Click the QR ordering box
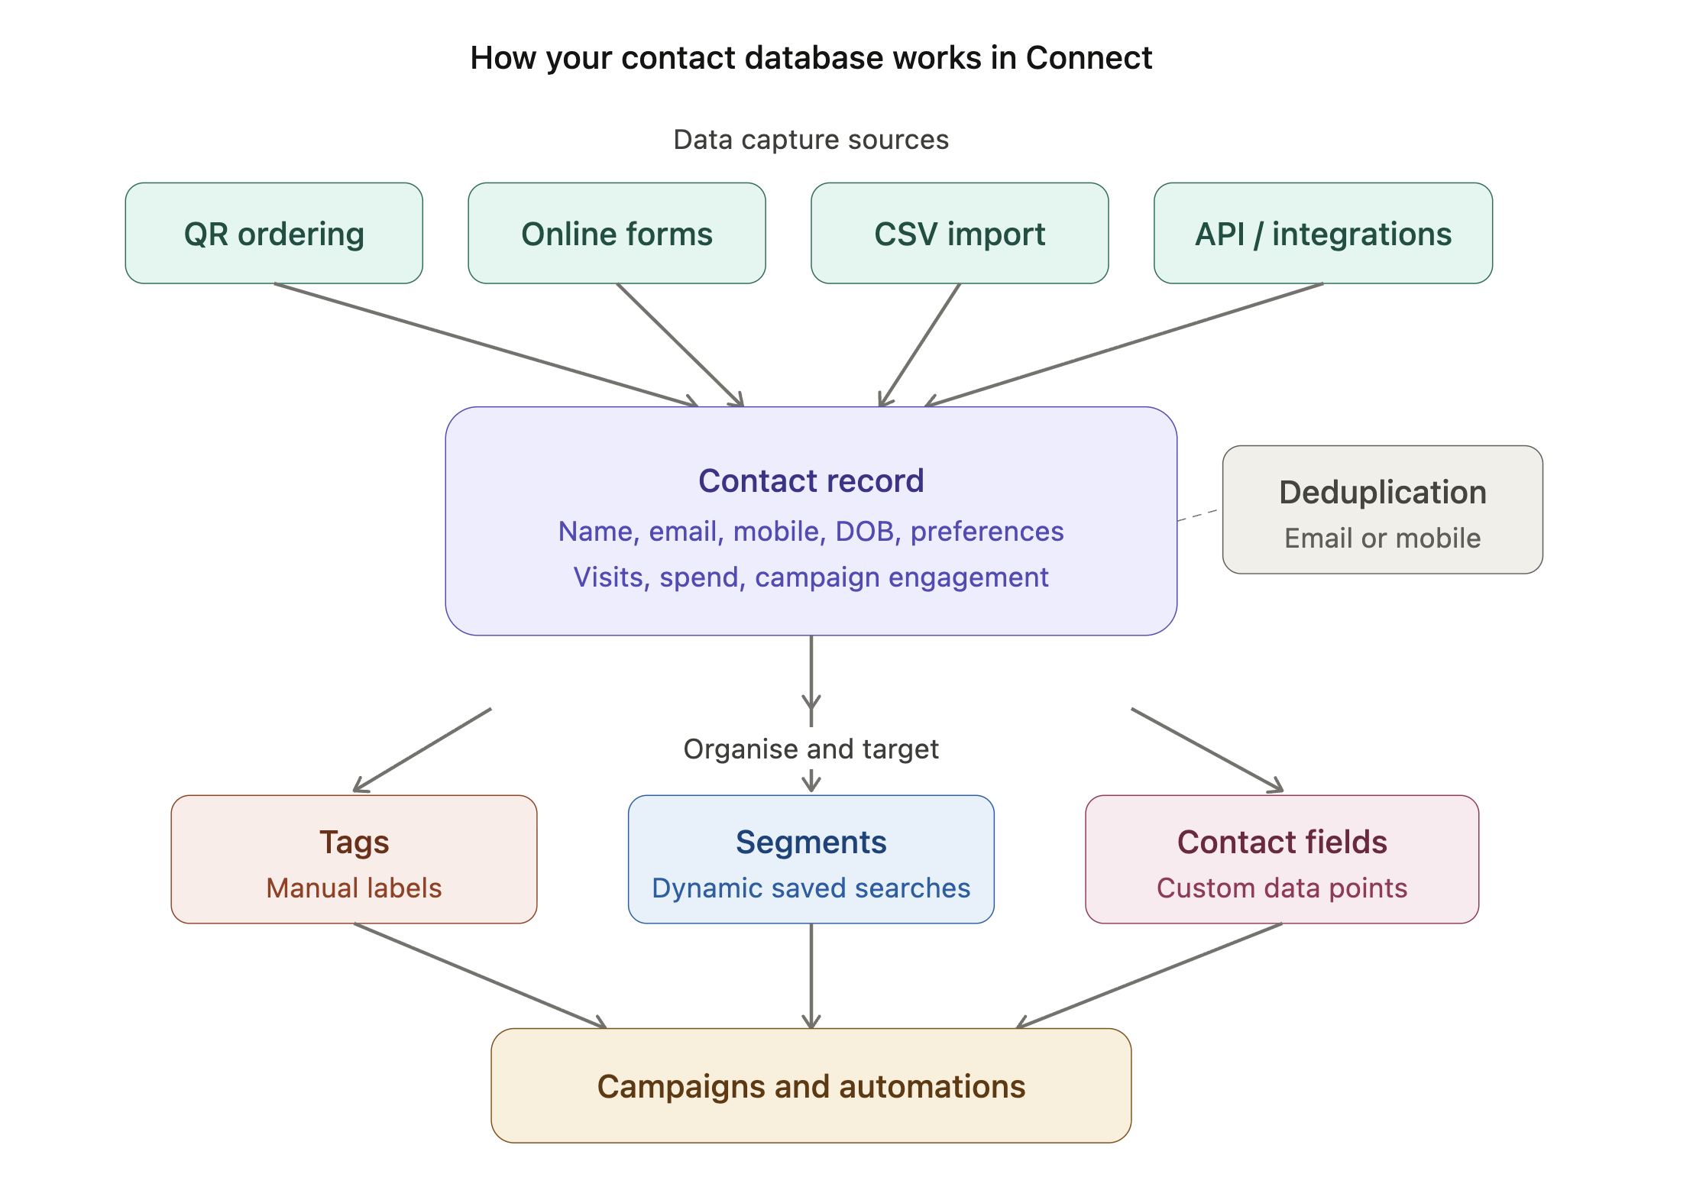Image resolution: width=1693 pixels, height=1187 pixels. coord(274,233)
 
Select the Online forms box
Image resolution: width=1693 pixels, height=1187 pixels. coord(617,233)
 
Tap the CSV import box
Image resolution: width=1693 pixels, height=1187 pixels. coord(959,233)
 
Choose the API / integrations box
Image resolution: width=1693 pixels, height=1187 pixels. coord(1322,233)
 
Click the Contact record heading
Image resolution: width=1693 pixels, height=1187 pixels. coord(811,481)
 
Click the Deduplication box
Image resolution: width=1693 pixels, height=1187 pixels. coord(1382,509)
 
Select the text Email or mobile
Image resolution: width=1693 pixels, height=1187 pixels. coord(1382,539)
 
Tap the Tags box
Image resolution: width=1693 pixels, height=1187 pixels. coord(354,859)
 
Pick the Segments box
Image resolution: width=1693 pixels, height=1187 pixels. coord(811,859)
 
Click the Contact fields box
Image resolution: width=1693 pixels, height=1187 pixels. coord(1281,859)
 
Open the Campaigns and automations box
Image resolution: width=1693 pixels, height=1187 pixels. coord(811,1085)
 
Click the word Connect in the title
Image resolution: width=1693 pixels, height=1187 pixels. coord(1088,58)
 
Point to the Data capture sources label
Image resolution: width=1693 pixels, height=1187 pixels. coord(811,140)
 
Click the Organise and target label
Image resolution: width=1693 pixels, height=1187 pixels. coord(811,749)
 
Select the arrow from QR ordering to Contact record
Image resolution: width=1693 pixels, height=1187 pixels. coord(486,344)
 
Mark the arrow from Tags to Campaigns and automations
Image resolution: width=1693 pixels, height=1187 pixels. coord(480,975)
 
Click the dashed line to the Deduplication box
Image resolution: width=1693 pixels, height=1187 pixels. coord(1199,515)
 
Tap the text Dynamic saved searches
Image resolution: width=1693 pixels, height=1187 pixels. coord(811,888)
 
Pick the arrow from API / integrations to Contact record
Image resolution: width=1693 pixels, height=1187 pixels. coord(1124,344)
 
